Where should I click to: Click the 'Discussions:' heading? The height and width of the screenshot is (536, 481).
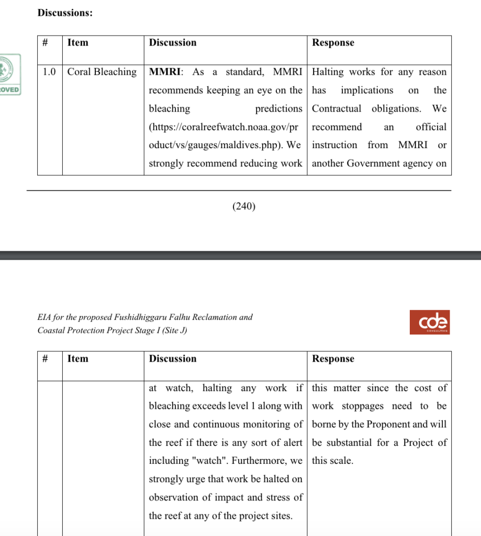coord(65,13)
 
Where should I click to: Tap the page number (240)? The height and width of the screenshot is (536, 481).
coord(244,206)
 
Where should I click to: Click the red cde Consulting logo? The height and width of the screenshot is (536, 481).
coord(430,322)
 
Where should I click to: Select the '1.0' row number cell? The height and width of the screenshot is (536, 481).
coord(49,72)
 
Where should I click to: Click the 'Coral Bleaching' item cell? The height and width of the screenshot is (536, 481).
coord(102,72)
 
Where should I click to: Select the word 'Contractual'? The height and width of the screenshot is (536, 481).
coord(337,109)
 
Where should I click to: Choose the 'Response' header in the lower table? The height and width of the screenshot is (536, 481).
coord(333,359)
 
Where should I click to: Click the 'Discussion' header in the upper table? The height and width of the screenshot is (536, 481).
coord(173,43)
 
